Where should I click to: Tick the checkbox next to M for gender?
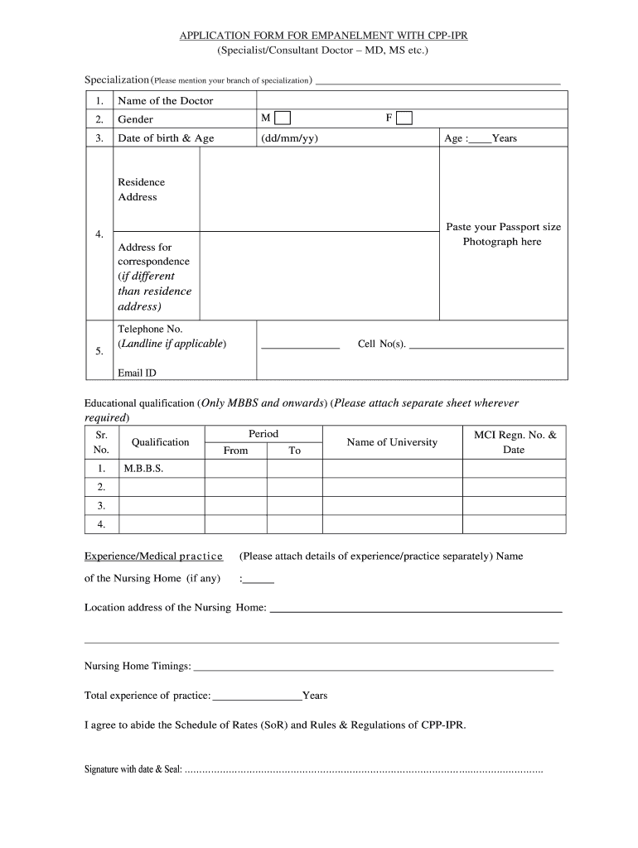[283, 118]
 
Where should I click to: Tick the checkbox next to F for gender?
[404, 118]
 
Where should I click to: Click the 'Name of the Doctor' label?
[165, 101]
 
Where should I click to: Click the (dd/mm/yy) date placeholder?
[289, 138]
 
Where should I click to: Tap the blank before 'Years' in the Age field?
[479, 138]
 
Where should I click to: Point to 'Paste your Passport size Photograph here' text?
[503, 234]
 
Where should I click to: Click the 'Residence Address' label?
[142, 190]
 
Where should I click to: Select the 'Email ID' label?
[137, 373]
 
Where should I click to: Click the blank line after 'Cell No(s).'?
[486, 344]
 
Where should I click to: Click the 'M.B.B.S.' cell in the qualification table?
[143, 469]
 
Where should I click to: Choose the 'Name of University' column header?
[392, 442]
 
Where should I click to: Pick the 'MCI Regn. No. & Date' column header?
[515, 442]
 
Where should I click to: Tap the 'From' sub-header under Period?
[235, 450]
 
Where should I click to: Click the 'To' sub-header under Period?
[294, 450]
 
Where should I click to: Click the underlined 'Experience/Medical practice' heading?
[153, 556]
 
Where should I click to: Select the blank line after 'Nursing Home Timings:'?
[373, 667]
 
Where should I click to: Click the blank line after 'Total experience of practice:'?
[257, 696]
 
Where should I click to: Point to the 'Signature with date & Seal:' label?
[133, 769]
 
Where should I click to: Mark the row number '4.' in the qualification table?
[101, 524]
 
